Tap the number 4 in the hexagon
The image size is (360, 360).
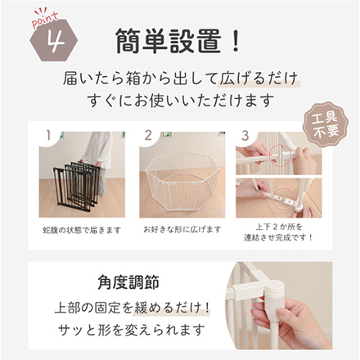(54, 42)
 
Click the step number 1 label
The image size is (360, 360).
(49, 132)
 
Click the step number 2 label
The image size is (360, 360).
(149, 132)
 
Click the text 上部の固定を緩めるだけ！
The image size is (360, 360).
(131, 309)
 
